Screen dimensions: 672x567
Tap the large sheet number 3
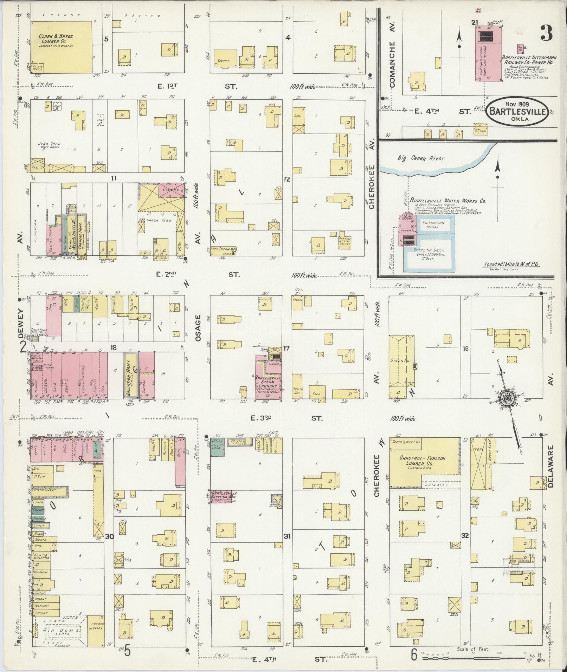coord(545,33)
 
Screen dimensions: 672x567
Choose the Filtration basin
coord(433,225)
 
